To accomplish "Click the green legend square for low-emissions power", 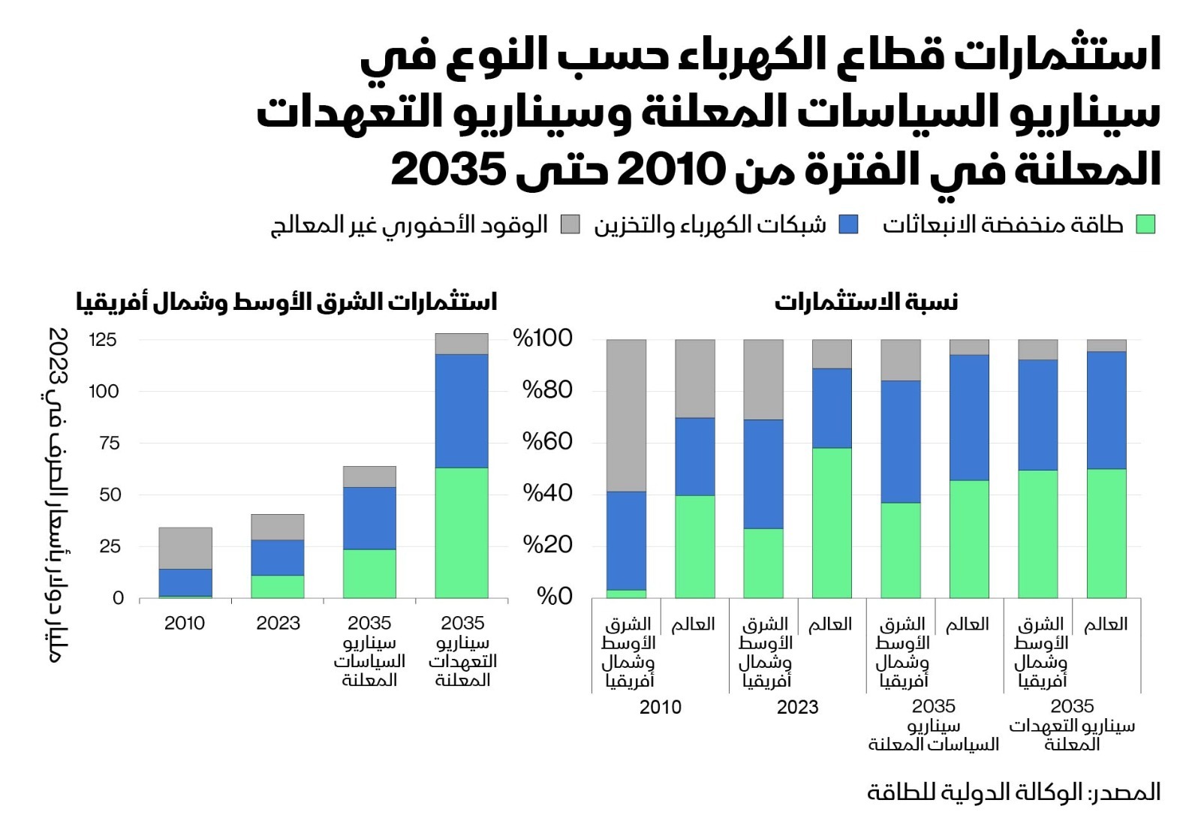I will [1145, 224].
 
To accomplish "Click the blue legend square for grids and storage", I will [848, 224].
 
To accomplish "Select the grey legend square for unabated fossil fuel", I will [570, 224].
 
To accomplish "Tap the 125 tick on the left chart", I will [103, 340].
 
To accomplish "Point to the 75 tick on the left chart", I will [110, 444].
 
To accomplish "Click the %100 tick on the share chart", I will [543, 338].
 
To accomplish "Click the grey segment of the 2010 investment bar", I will [185, 548].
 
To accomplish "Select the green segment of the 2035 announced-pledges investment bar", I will [462, 532].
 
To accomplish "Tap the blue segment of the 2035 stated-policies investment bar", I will [369, 518].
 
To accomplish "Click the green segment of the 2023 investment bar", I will [278, 586].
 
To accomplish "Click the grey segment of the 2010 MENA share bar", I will [626, 415].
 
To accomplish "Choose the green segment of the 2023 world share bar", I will [832, 522].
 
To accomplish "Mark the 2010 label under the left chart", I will [185, 624].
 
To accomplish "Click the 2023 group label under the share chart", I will [797, 708].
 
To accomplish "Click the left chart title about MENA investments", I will [286, 302].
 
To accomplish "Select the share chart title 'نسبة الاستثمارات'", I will [866, 302].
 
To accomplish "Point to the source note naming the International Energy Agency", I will [1013, 792].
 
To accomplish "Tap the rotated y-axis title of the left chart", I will [58, 495].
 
